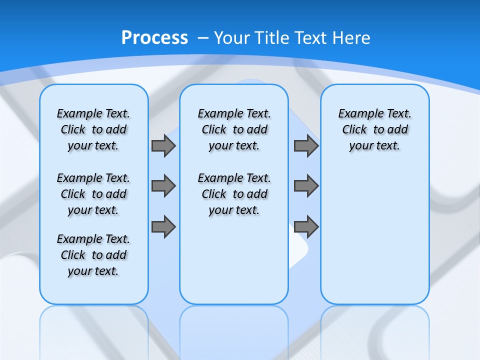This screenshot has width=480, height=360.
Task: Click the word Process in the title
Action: [154, 37]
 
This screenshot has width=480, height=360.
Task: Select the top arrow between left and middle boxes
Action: [163, 145]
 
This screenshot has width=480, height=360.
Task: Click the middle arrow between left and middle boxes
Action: [163, 186]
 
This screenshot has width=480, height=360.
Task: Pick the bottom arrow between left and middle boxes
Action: [163, 226]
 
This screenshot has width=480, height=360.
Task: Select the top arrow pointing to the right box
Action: [306, 145]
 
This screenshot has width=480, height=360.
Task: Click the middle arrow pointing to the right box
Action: [306, 186]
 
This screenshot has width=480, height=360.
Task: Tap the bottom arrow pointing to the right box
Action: [306, 226]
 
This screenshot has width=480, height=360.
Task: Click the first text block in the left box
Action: [93, 129]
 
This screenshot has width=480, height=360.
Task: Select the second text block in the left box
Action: [93, 194]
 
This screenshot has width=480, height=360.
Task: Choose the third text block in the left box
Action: [93, 255]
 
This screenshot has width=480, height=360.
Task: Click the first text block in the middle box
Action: [234, 129]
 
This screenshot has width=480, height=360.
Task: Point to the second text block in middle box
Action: [234, 194]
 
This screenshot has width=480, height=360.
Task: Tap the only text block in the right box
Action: [374, 129]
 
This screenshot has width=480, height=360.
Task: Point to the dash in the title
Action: [204, 38]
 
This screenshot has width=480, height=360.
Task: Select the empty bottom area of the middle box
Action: [234, 265]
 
